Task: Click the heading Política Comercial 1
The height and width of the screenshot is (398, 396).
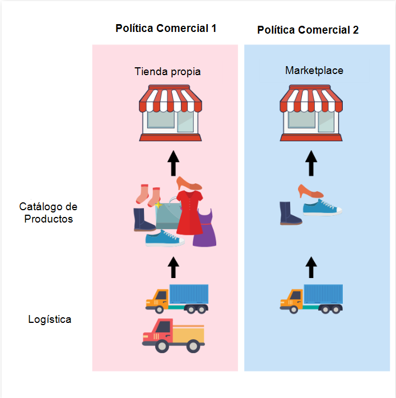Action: click(x=166, y=29)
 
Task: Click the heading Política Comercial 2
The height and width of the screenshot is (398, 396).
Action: click(x=308, y=30)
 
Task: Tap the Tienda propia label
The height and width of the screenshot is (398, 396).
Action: click(x=167, y=72)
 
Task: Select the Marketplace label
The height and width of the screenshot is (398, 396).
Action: click(x=314, y=71)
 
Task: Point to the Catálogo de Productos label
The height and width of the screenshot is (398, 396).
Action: click(x=49, y=213)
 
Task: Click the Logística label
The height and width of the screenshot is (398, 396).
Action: click(x=50, y=320)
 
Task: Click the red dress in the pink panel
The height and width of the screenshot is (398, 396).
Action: click(x=189, y=211)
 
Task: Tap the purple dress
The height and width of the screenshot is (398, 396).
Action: click(x=205, y=228)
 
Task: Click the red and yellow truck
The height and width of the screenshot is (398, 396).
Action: click(x=173, y=335)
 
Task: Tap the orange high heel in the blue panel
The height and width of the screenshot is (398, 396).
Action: click(x=310, y=191)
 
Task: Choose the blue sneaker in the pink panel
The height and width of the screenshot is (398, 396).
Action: click(x=164, y=239)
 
